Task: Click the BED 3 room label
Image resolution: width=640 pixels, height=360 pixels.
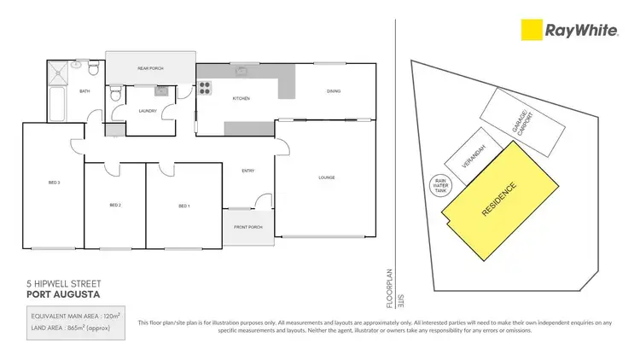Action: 52,182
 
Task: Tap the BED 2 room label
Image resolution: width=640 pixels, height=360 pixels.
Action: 115,206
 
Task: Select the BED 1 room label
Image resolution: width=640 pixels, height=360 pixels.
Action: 183,206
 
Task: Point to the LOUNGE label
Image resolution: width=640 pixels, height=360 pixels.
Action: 326,177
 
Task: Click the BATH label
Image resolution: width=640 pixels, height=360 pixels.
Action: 84,91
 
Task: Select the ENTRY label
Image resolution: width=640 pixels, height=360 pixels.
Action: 248,171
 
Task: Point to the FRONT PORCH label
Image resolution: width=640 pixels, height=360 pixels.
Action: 247,228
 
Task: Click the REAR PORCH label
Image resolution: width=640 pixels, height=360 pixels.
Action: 150,68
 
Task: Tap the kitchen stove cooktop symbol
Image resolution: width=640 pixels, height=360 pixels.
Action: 206,85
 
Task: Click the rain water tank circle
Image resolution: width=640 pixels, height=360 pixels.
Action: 440,185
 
